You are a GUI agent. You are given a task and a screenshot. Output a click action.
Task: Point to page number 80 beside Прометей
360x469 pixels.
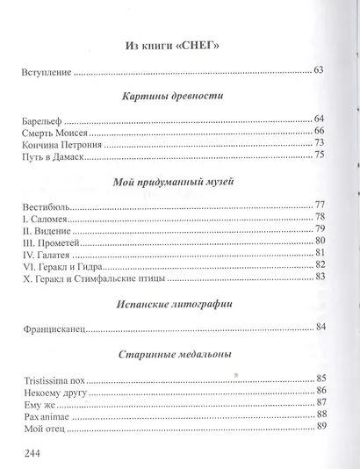[x=320, y=241]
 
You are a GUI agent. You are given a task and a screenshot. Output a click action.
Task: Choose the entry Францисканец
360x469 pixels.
[x=55, y=330]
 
